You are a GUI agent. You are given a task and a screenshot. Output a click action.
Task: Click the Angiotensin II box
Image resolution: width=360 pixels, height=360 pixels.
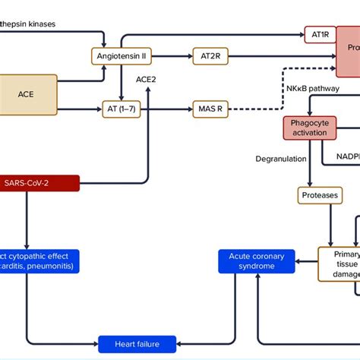[x=122, y=56]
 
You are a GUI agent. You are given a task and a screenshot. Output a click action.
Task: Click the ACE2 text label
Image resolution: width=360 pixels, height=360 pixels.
[x=147, y=79]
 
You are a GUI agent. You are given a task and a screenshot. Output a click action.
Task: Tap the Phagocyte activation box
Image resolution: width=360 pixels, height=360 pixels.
[x=310, y=127]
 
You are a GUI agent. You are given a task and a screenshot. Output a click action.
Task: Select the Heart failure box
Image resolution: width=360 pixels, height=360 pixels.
[x=137, y=343]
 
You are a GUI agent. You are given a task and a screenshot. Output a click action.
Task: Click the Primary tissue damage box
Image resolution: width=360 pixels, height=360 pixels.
[x=339, y=265]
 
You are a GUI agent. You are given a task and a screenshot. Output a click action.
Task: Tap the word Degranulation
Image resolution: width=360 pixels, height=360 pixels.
[x=282, y=159]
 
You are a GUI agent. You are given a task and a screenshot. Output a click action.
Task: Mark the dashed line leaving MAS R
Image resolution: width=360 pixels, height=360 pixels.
[x=251, y=109]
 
